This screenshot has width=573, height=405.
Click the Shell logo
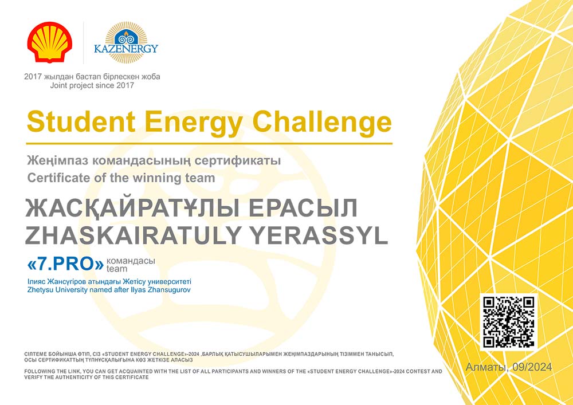[50, 42]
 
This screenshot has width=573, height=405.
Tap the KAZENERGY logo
[126, 42]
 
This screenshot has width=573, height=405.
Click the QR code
[509, 322]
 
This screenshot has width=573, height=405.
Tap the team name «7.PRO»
[66, 265]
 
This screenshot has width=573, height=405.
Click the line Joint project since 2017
[92, 86]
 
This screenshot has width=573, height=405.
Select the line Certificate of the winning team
[121, 178]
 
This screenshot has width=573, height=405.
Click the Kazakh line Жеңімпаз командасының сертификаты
[154, 161]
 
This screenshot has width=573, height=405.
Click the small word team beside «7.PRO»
[117, 269]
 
